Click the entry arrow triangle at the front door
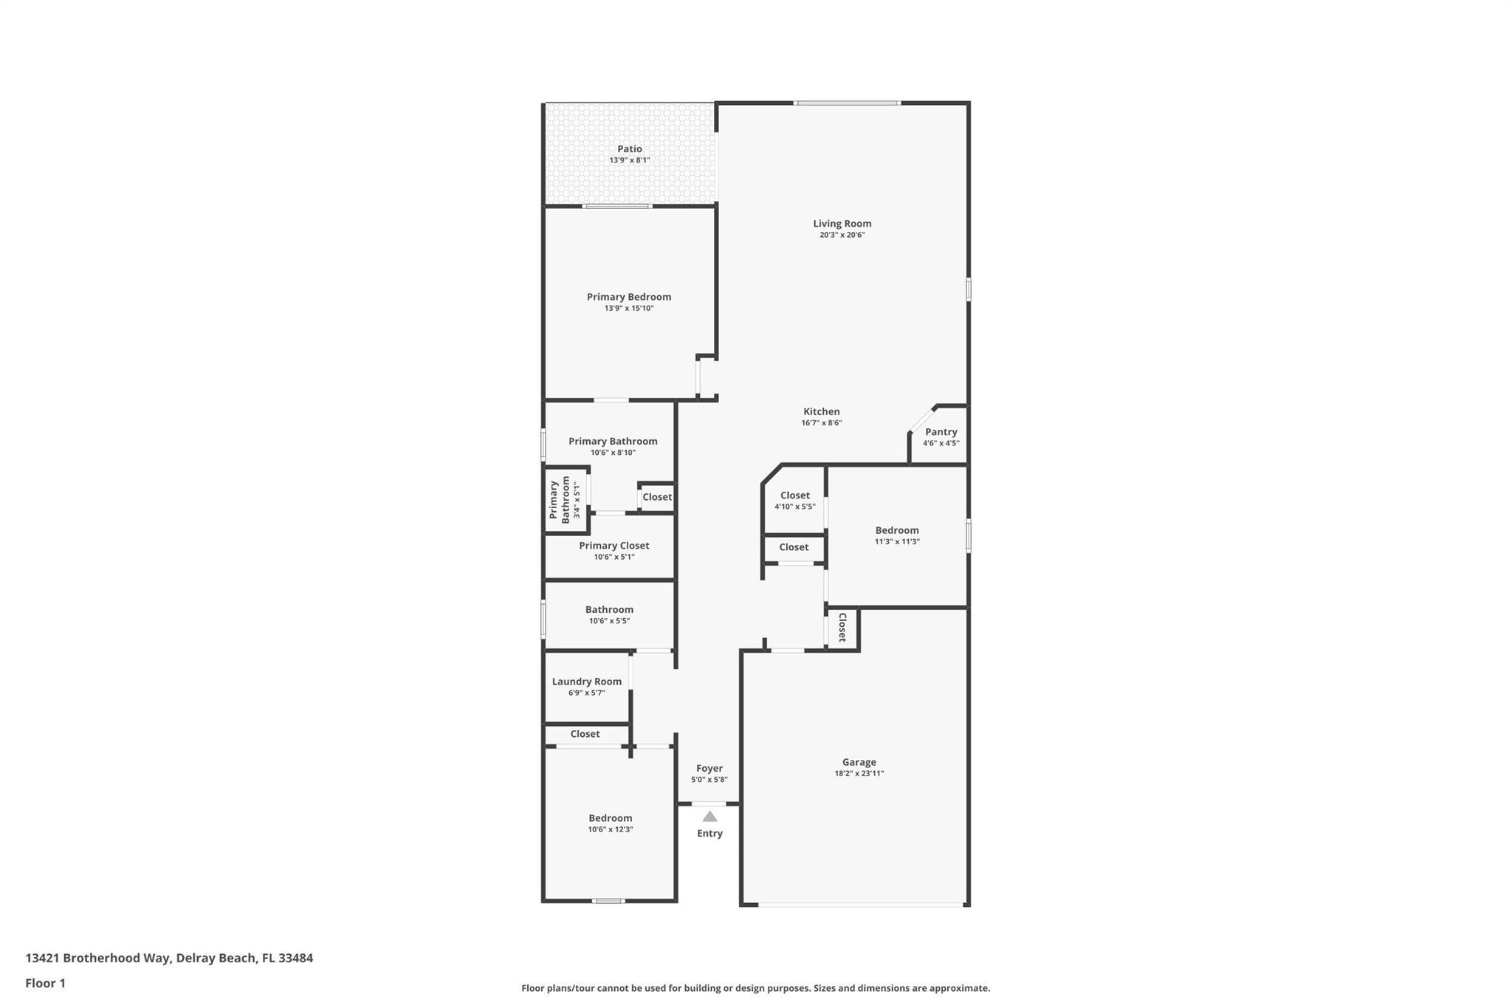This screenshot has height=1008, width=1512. (709, 816)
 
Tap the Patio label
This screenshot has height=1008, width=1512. (630, 149)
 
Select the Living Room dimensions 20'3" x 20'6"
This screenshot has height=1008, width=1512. (842, 235)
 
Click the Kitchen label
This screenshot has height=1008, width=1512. (822, 411)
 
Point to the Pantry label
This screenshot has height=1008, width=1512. (941, 432)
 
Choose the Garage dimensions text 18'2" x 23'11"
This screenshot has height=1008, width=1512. (859, 774)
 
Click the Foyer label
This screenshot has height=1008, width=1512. (709, 768)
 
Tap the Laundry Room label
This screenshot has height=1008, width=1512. (587, 682)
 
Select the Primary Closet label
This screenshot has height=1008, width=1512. (614, 546)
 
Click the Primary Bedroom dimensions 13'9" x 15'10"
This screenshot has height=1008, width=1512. (629, 308)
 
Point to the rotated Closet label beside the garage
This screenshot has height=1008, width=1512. (842, 628)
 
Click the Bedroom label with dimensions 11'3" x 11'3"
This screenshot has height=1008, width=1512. (897, 530)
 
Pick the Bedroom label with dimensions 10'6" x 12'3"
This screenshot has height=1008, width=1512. (611, 818)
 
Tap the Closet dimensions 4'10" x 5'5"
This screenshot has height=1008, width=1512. (795, 507)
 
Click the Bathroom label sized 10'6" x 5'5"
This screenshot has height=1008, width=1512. (609, 609)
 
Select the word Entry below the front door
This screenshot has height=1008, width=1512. (709, 834)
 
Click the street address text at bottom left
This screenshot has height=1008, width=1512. (169, 959)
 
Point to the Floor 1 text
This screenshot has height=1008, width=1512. (45, 984)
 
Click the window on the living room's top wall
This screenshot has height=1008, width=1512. (848, 103)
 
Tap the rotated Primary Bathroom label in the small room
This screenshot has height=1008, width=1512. (560, 500)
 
